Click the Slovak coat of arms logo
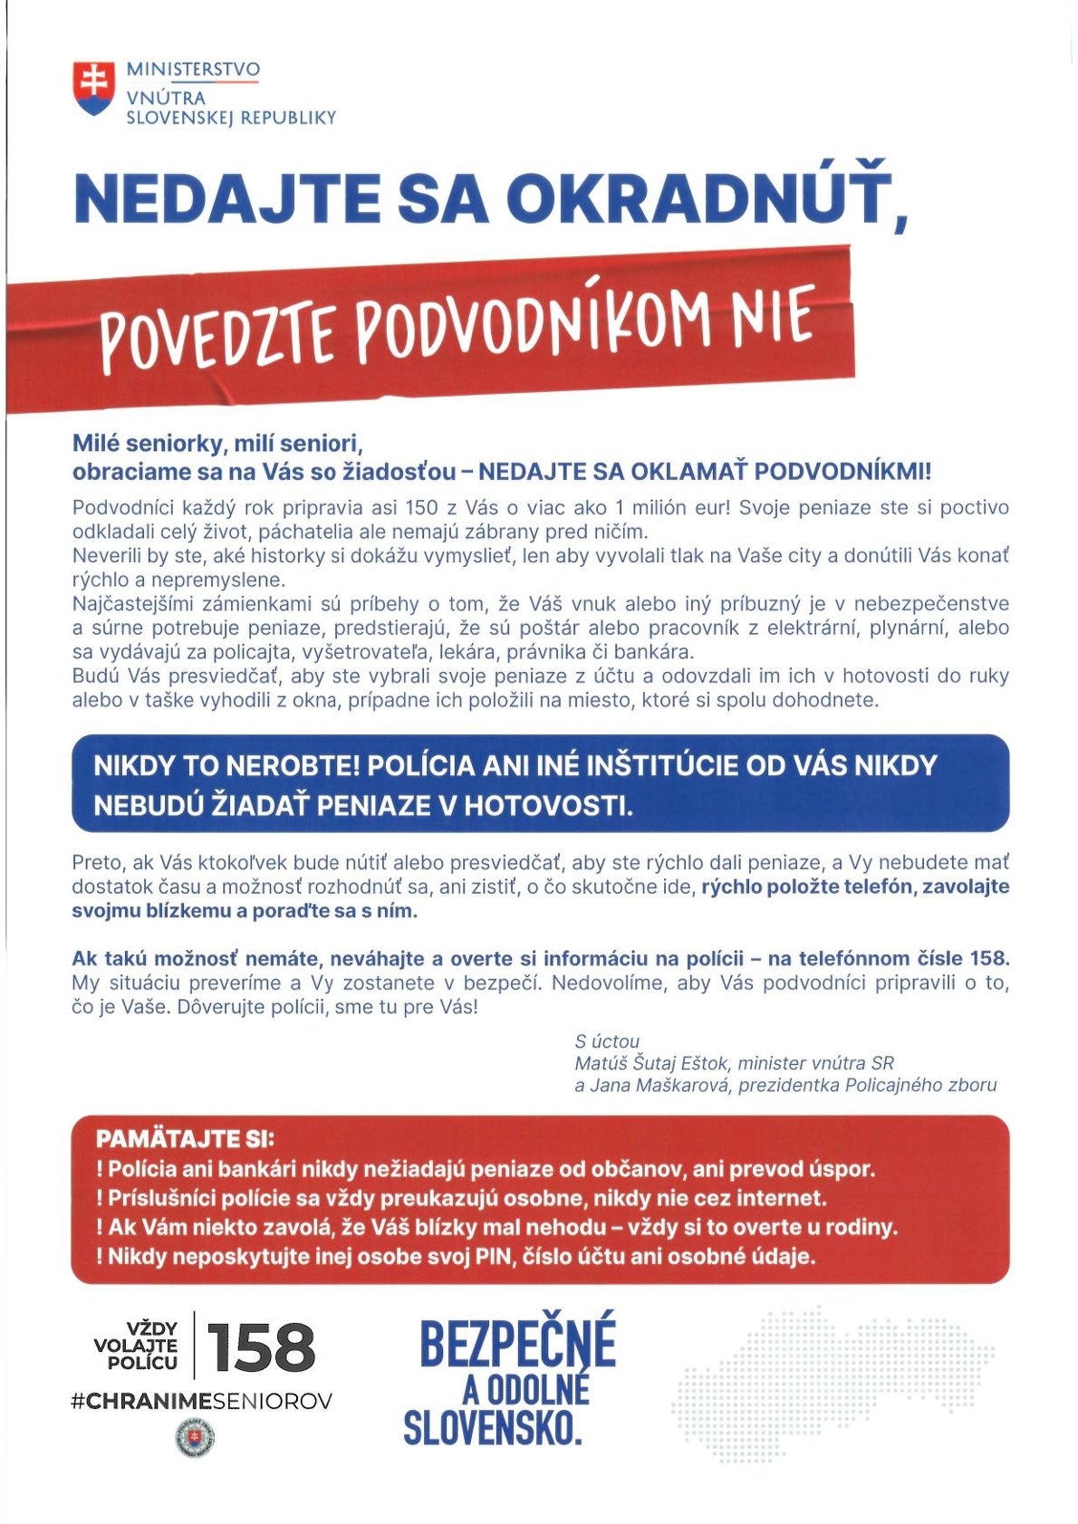tap(94, 88)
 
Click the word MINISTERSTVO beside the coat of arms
tap(193, 70)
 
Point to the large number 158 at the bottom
tap(261, 1348)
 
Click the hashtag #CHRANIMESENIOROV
tap(201, 1401)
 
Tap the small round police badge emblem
tap(194, 1439)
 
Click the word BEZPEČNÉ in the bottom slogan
tap(517, 1344)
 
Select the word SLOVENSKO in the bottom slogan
tap(492, 1428)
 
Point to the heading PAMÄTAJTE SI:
tap(185, 1139)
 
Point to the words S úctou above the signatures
tap(607, 1041)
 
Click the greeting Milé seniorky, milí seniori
tap(217, 444)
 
